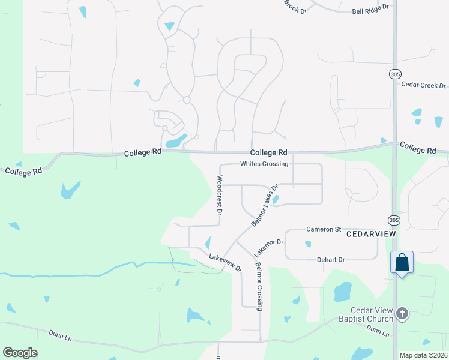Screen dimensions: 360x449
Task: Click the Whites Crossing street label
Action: click(264, 164)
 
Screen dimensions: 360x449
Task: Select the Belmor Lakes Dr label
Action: click(265, 205)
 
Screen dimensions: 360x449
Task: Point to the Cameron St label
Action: click(324, 229)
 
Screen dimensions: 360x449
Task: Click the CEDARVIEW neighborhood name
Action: click(372, 234)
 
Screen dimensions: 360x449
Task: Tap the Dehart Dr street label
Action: click(331, 260)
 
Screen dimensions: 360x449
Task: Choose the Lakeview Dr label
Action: click(225, 262)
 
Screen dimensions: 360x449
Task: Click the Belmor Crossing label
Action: click(259, 286)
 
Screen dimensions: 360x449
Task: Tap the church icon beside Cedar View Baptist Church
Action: click(402, 313)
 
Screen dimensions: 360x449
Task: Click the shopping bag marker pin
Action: click(402, 263)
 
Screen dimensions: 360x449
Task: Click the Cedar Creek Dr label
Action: click(424, 85)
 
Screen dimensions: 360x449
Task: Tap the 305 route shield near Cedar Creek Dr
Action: click(394, 74)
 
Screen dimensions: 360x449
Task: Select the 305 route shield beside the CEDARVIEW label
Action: click(394, 220)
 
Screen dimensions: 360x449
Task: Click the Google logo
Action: click(20, 353)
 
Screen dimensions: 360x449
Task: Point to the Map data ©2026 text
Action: click(423, 355)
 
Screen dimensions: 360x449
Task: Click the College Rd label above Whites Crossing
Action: click(269, 152)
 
